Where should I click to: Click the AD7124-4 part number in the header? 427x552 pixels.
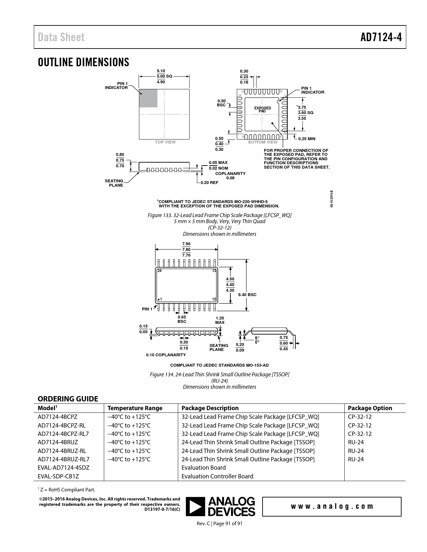(381, 37)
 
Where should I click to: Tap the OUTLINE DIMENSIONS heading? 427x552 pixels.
(83, 62)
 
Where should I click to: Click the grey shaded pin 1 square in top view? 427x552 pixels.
(148, 98)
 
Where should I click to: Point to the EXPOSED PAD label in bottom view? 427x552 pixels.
(263, 109)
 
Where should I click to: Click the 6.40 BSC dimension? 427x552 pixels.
(247, 294)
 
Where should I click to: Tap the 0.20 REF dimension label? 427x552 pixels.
(209, 183)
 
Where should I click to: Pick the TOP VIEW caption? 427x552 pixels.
(165, 142)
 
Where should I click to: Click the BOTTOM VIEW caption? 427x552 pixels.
(263, 142)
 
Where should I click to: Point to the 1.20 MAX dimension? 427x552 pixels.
(220, 320)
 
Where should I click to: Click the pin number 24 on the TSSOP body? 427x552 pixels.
(159, 271)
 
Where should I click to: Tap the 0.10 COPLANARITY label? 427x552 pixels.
(166, 355)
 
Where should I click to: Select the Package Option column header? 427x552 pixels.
(370, 408)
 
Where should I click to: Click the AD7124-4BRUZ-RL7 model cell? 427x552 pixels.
(64, 459)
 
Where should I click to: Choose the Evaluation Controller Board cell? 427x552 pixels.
(217, 476)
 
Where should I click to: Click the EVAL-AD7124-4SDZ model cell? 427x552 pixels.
(64, 468)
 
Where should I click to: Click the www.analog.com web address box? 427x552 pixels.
(332, 507)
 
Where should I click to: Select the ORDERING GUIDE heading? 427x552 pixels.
(68, 399)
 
